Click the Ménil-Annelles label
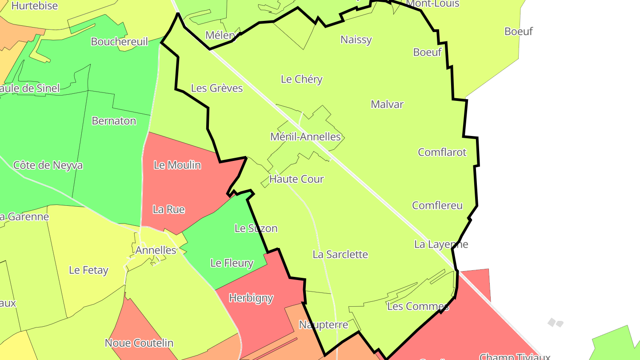(305, 137)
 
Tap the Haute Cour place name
(297, 179)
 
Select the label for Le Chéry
(302, 80)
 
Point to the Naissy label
(356, 40)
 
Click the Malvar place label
(387, 104)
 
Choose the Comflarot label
(442, 152)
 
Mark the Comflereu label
(437, 206)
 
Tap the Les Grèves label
(217, 88)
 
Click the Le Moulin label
(177, 165)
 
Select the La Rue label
(168, 209)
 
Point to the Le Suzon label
(256, 228)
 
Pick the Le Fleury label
(232, 263)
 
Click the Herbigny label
(251, 298)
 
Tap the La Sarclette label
(340, 255)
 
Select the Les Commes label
(418, 306)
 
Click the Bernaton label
(114, 121)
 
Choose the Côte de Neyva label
(48, 165)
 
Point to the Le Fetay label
(89, 270)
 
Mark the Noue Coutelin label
(139, 343)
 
